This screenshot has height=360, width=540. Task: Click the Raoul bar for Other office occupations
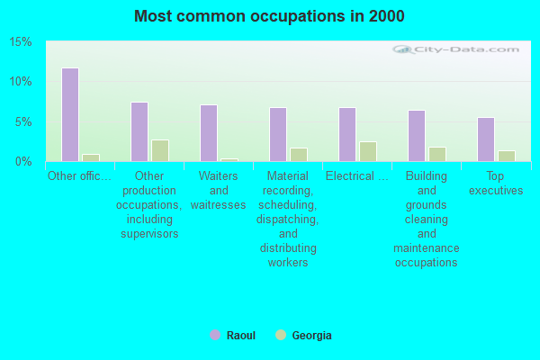click(x=70, y=114)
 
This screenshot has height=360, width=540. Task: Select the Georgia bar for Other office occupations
click(x=91, y=157)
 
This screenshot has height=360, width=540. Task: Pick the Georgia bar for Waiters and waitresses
click(x=229, y=159)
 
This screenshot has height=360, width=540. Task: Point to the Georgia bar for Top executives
click(x=507, y=156)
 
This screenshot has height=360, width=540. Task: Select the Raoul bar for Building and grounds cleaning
click(x=417, y=136)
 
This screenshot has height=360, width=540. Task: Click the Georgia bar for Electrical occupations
click(x=368, y=151)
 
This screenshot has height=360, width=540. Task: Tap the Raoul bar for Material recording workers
click(x=278, y=134)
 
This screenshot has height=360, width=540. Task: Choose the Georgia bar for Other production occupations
click(x=160, y=150)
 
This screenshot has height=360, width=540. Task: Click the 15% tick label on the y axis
click(x=21, y=42)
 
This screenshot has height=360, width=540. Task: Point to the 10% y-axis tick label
click(x=21, y=82)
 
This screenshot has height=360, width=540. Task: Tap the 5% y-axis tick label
click(x=23, y=121)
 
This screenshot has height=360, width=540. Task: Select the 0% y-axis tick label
click(x=23, y=161)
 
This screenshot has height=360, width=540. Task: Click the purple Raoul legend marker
click(x=215, y=335)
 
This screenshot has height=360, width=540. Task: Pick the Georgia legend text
click(x=311, y=336)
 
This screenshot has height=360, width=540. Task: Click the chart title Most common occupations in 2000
click(x=269, y=16)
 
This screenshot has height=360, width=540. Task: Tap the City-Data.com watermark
click(x=459, y=50)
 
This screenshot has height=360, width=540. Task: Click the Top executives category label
click(x=496, y=183)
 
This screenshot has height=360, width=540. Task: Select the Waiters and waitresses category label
click(x=219, y=190)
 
